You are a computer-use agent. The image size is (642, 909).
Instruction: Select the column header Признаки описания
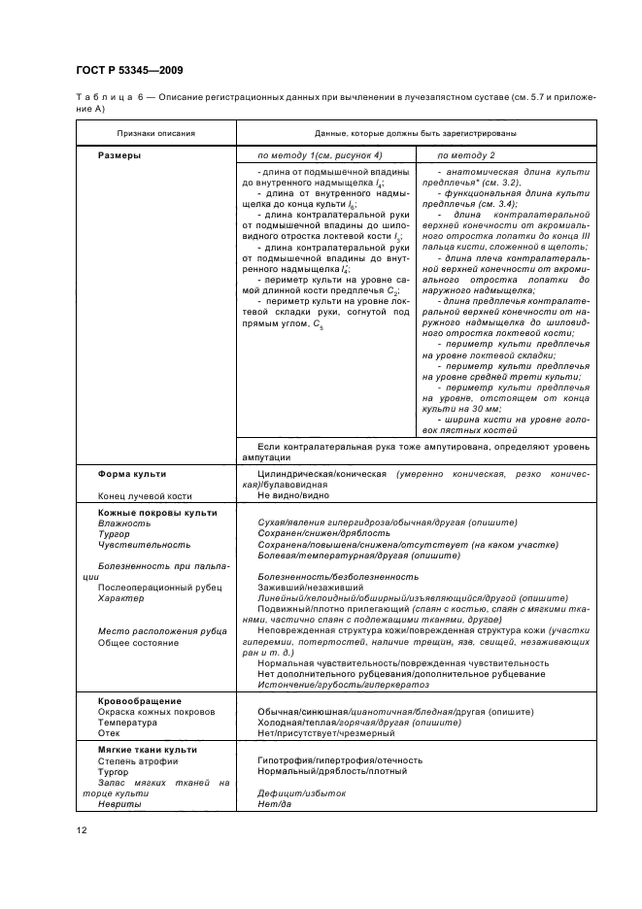point(156,133)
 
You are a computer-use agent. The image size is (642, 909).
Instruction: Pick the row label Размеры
point(118,155)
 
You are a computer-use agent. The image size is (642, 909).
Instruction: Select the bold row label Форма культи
point(132,474)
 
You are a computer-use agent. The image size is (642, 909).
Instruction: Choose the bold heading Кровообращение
point(140,700)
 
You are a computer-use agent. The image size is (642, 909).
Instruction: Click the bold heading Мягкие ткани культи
point(147,749)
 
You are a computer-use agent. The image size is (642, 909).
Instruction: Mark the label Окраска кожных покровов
point(156,712)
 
